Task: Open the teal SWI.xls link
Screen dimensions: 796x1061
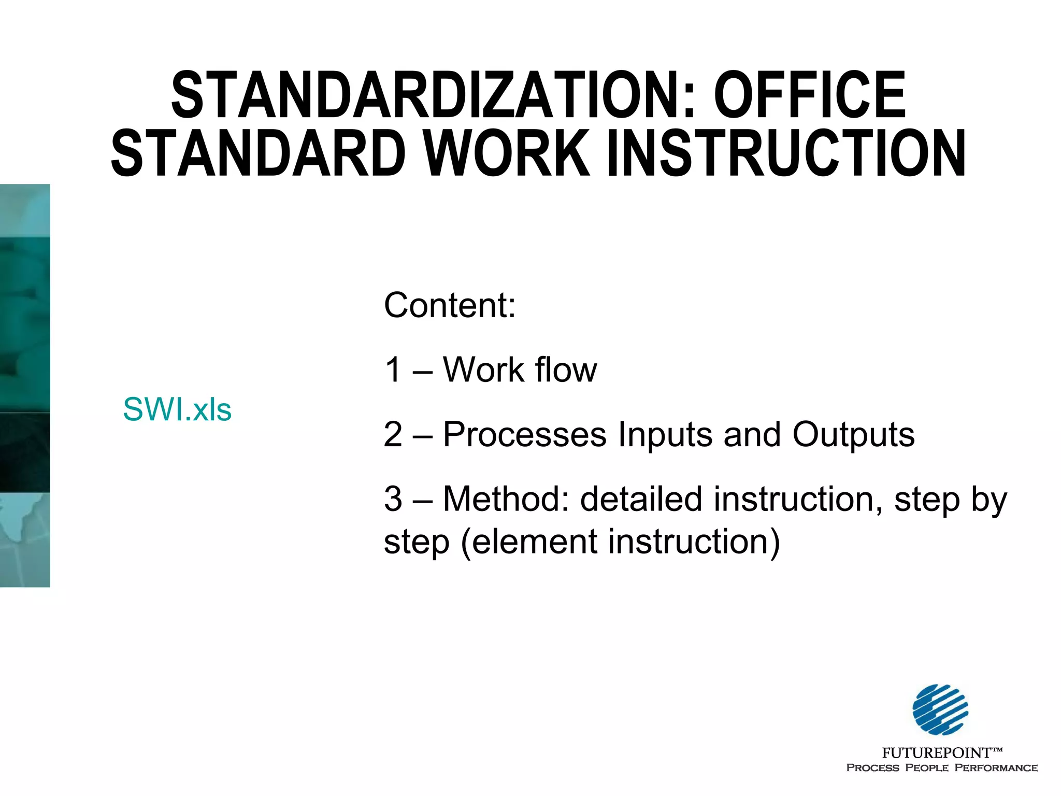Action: tap(177, 409)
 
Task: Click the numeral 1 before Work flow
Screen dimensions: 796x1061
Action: tap(393, 370)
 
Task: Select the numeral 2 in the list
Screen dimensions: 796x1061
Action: tap(393, 434)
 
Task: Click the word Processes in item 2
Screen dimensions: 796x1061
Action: tap(524, 434)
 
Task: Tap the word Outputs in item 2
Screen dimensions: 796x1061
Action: tap(853, 434)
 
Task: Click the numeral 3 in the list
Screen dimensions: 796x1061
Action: tap(393, 499)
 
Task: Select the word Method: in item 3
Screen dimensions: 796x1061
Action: tap(506, 499)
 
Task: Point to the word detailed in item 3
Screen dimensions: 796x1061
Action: tap(641, 499)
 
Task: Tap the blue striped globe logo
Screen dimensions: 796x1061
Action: tap(940, 709)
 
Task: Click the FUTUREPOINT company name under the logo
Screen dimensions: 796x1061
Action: tap(936, 752)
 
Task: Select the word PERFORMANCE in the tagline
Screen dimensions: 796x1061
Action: tap(996, 767)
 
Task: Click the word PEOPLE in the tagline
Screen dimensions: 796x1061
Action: tap(927, 767)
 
